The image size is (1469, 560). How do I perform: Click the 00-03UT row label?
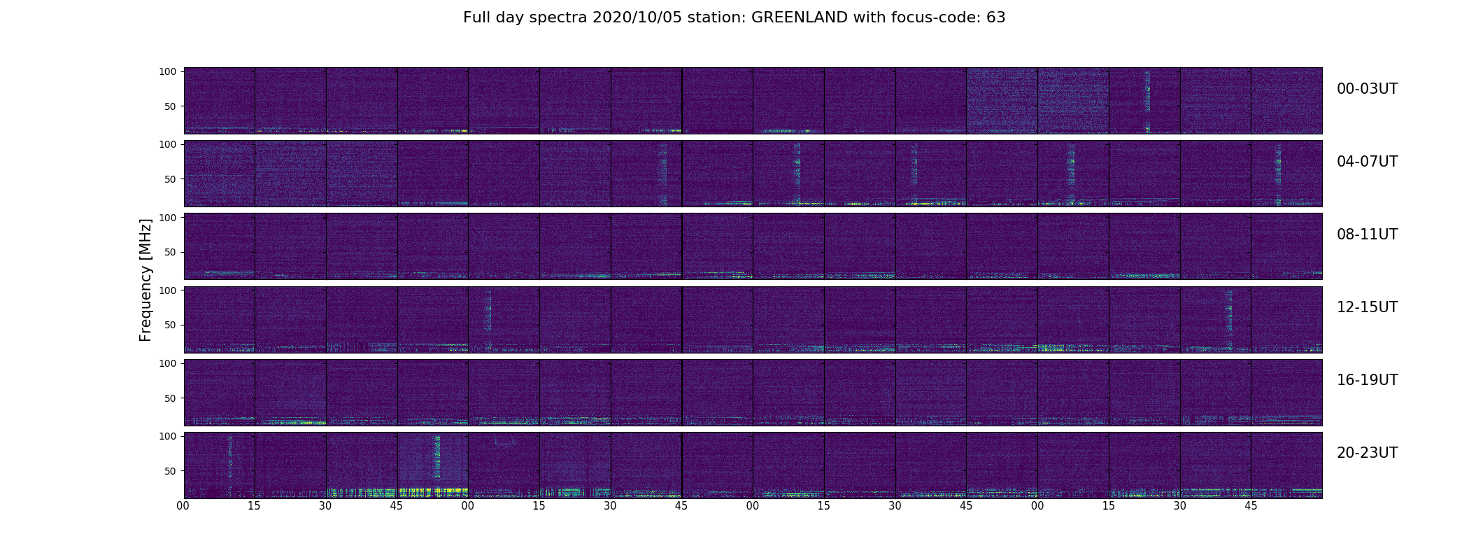coord(1367,89)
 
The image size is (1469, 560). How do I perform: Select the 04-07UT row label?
coord(1367,162)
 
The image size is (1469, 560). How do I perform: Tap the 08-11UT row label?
coord(1367,234)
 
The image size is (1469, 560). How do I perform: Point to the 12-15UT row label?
coord(1367,307)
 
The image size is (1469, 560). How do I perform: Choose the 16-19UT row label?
coord(1367,380)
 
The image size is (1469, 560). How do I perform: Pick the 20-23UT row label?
coord(1367,453)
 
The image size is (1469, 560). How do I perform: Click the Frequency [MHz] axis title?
coord(146,280)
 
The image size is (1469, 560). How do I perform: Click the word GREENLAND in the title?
coord(800,17)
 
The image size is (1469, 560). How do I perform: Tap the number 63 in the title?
coord(995,17)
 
